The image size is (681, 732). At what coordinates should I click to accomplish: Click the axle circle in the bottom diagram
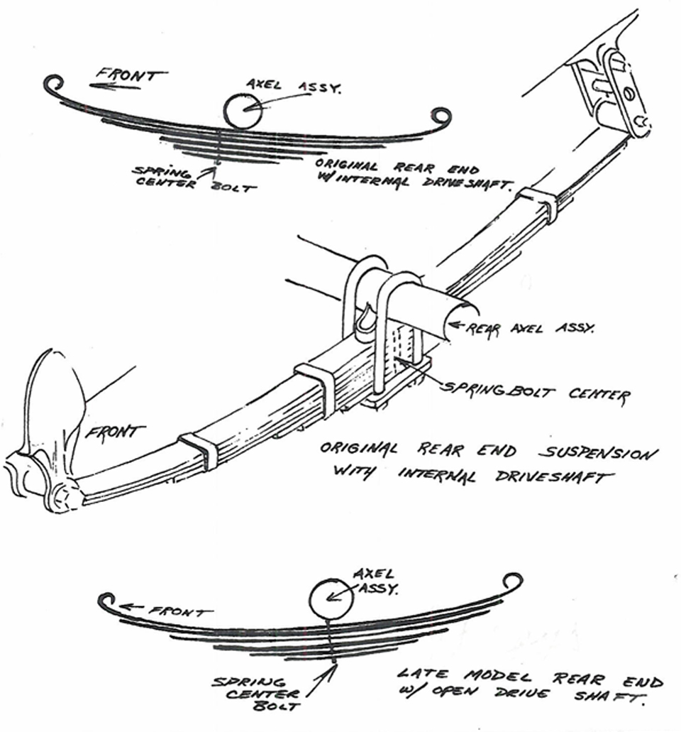331,601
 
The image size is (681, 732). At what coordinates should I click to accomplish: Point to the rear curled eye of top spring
441,116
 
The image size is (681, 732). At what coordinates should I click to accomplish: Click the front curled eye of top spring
52,84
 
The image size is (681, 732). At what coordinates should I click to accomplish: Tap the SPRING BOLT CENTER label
536,390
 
